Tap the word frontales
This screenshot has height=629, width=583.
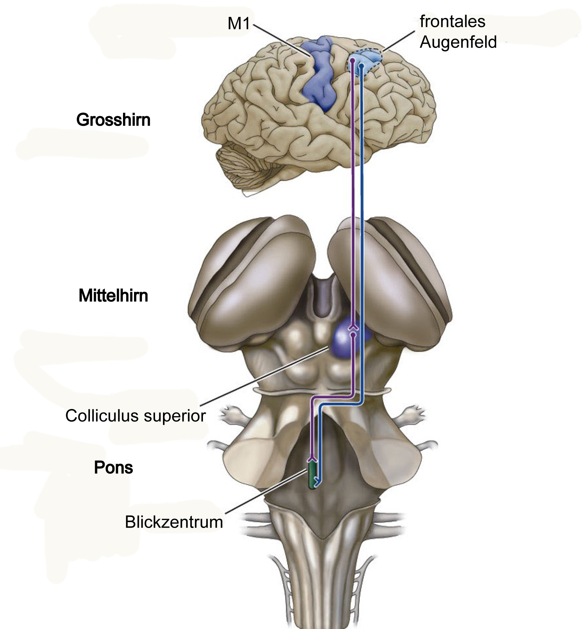point(452,21)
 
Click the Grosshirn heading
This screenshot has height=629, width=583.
point(113,120)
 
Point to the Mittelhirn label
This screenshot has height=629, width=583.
point(113,296)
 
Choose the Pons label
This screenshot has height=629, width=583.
point(113,468)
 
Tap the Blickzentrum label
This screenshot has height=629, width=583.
point(174,522)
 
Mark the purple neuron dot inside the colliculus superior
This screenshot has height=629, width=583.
point(353,334)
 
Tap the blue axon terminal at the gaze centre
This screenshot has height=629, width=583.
point(318,481)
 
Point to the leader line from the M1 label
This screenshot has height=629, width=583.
point(282,40)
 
